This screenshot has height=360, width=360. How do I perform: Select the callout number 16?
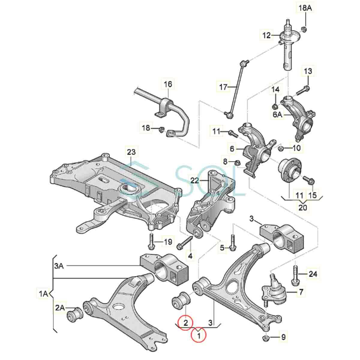pos(168,84)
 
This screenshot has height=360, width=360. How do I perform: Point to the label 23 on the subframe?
pos(131,152)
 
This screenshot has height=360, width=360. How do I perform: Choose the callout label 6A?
pos(277,115)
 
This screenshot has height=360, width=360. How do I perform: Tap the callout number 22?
pos(195,181)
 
